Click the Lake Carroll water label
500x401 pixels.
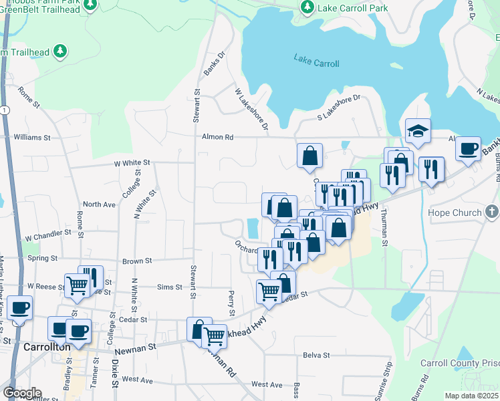pos(316,63)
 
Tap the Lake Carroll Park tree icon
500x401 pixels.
pos(307,7)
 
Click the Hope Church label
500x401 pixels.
pos(455,213)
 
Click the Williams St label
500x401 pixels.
pos(32,137)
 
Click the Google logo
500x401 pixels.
pos(22,393)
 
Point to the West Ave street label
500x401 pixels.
pos(267,385)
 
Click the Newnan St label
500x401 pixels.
pos(134,347)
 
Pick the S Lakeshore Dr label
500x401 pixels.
pos(338,107)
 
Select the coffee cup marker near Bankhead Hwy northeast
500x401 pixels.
pos(468,148)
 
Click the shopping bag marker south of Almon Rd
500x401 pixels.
pos(310,156)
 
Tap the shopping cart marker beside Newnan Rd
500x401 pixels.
pos(214,336)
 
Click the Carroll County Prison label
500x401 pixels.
pos(460,364)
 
